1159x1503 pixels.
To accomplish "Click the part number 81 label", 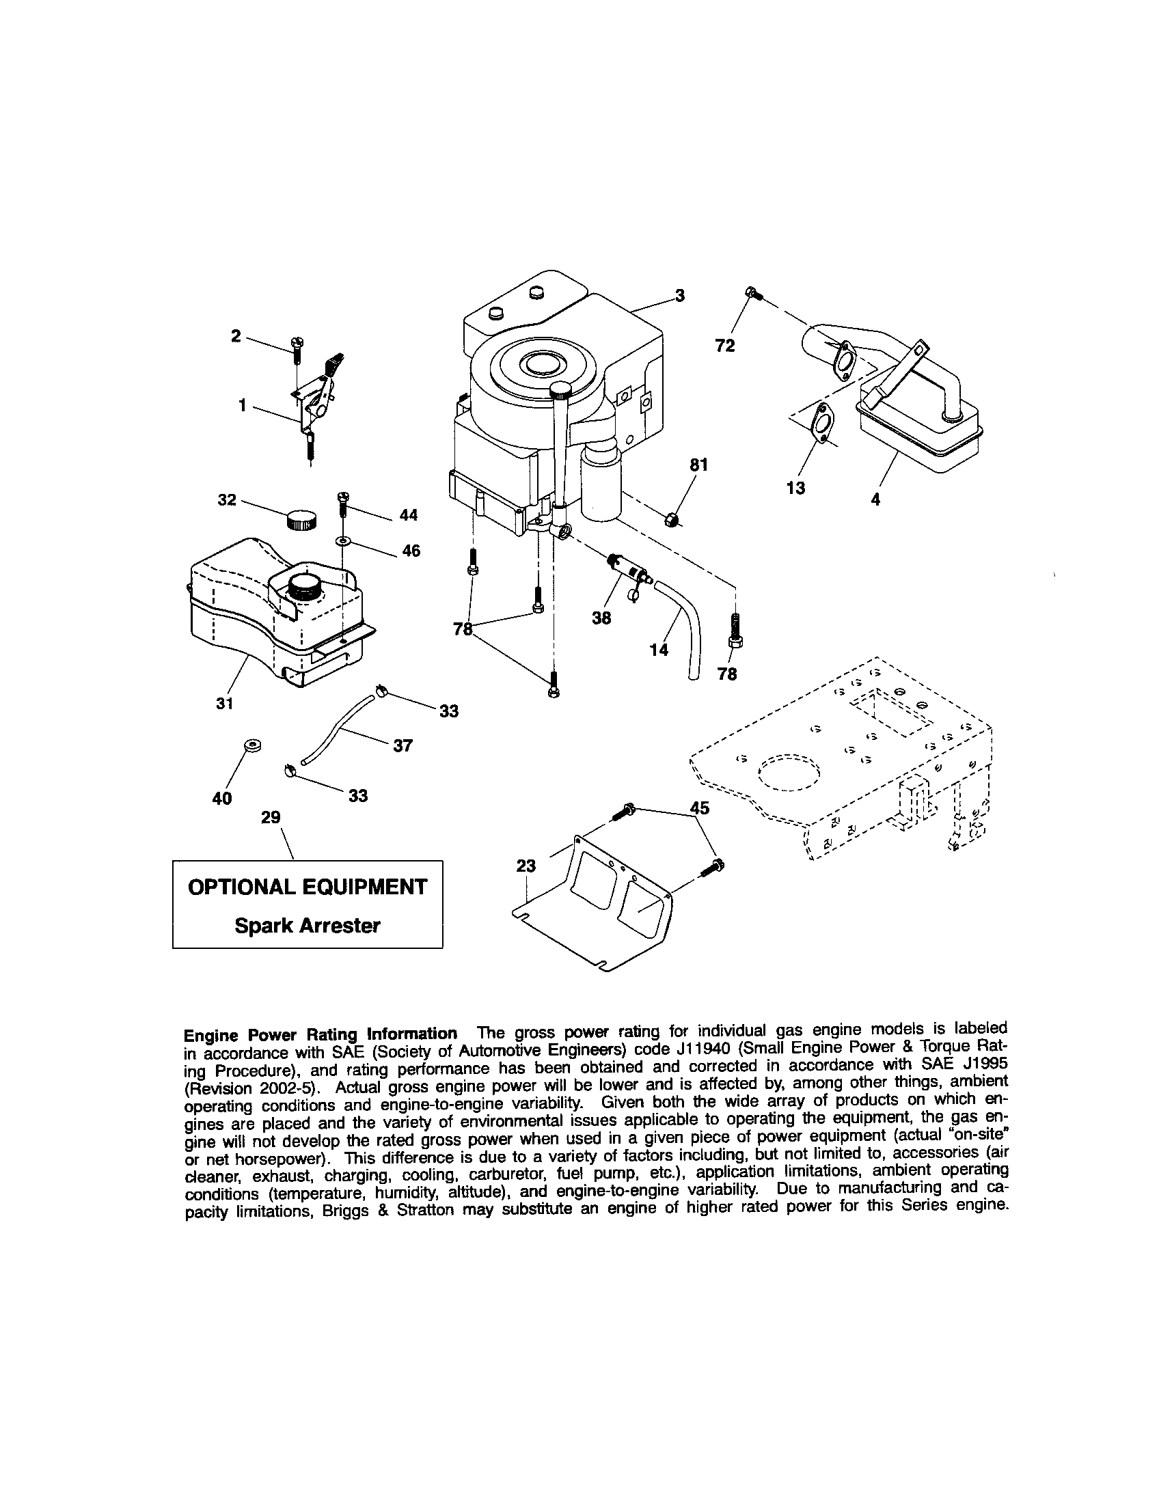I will tap(698, 465).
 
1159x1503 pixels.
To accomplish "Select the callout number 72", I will tap(725, 346).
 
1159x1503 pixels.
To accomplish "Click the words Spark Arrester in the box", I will tap(307, 926).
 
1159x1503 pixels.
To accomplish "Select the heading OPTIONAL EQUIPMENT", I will tap(307, 886).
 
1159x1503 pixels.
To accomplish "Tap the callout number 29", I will tap(271, 817).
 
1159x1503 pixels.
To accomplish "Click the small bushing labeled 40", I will tap(252, 746).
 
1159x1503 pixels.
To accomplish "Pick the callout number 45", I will tap(699, 808).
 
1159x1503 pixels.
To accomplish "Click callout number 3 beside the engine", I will tap(679, 296).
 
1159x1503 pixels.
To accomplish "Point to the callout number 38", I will tap(601, 618).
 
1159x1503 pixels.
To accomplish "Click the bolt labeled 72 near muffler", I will tap(752, 294).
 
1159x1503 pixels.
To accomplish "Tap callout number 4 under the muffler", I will tap(875, 500).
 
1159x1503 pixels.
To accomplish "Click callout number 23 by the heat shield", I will tap(526, 866).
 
